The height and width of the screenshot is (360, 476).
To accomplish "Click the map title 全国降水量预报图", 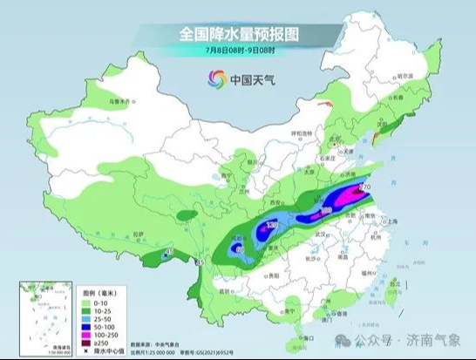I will tap(238, 34).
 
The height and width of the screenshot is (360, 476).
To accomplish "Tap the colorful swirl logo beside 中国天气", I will tap(214, 79).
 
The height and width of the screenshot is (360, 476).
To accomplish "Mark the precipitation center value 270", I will tap(364, 187).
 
